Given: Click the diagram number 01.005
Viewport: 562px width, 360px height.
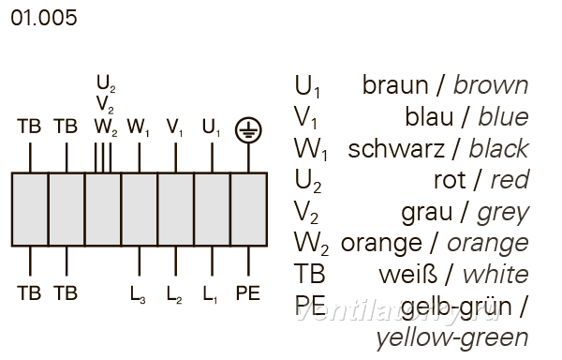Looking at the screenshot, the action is (x=44, y=18).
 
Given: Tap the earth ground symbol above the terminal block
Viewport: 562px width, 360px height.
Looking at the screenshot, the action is (x=248, y=129).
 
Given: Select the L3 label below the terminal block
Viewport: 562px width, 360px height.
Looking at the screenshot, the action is (x=138, y=294).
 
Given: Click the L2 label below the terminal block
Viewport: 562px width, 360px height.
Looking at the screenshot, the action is (x=174, y=294).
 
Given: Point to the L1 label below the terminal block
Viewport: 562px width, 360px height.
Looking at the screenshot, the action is (x=210, y=294).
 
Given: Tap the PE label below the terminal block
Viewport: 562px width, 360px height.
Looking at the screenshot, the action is (x=248, y=292).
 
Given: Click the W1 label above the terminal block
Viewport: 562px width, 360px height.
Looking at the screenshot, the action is (x=139, y=127).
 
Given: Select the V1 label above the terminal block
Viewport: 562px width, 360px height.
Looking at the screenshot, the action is (x=174, y=127).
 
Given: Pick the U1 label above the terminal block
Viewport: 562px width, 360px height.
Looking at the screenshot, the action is (x=211, y=127).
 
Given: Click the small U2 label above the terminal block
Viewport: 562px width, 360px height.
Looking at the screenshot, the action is (x=106, y=83).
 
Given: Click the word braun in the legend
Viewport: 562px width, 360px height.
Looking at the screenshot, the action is (x=395, y=85).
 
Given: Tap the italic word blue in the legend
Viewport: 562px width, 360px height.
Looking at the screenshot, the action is (x=503, y=117).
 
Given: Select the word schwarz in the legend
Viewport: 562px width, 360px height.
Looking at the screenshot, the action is (x=395, y=148).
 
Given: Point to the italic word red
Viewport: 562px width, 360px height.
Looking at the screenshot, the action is (x=510, y=180).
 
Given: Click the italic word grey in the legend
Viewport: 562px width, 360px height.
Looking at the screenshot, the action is (x=503, y=214).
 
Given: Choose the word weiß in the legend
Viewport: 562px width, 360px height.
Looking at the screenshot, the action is (x=408, y=275).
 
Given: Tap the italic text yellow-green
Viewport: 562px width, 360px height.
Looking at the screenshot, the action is (x=452, y=338).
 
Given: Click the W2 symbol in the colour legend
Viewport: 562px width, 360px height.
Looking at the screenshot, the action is (x=311, y=244).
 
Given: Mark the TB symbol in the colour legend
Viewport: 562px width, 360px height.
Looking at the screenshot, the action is (x=310, y=275).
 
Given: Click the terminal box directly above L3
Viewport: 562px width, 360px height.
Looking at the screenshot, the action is (x=140, y=209).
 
